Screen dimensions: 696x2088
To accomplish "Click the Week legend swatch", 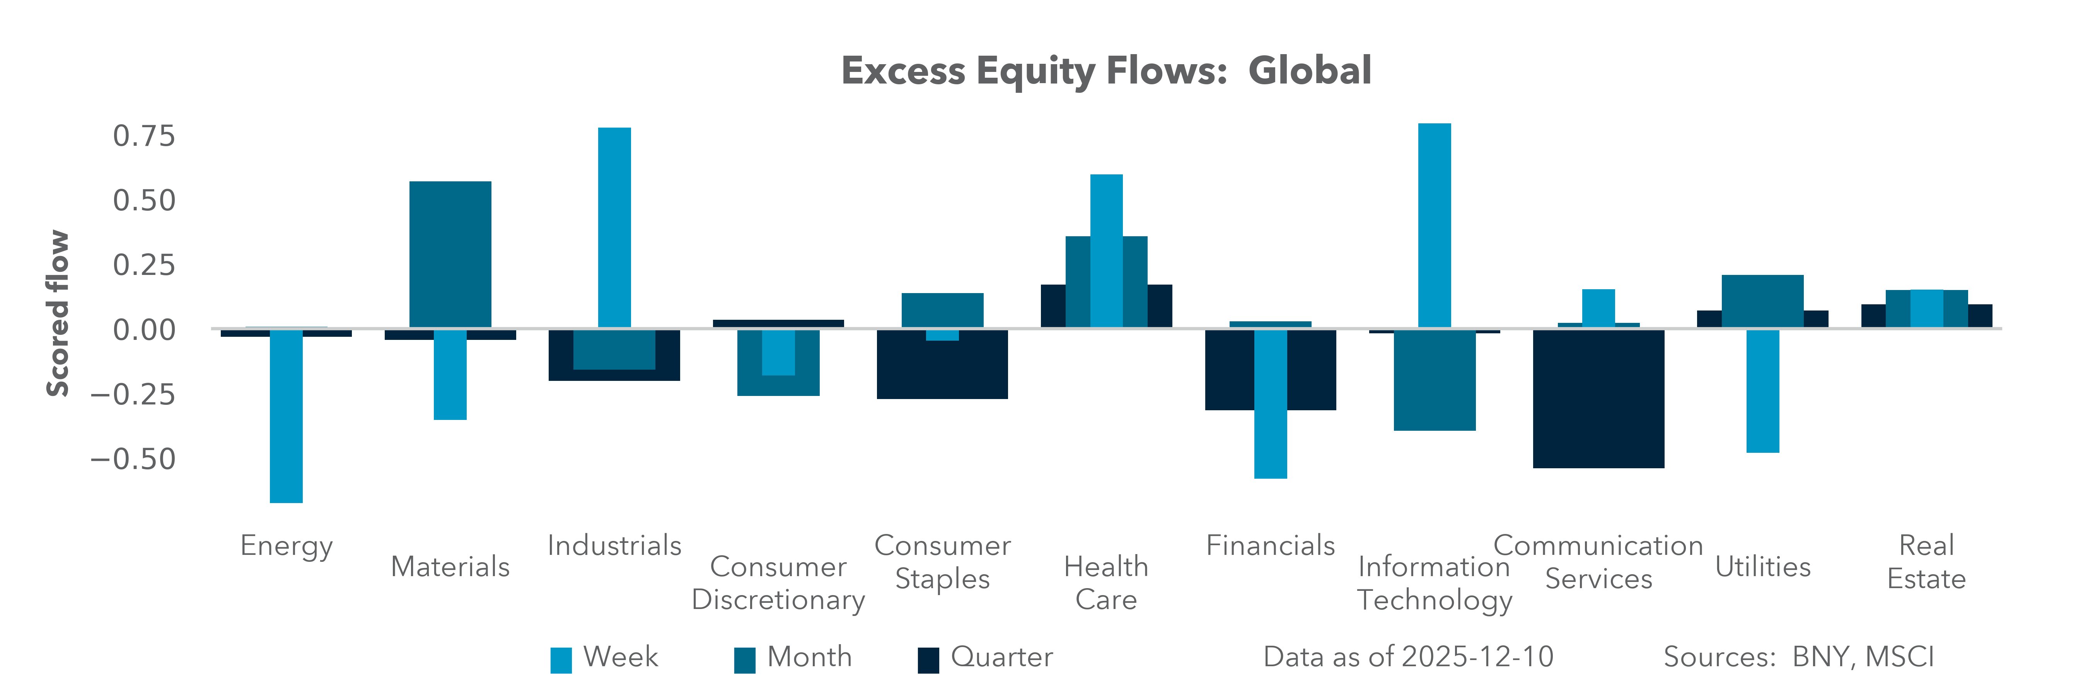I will click(x=561, y=660).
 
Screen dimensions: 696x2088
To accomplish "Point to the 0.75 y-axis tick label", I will click(x=143, y=136).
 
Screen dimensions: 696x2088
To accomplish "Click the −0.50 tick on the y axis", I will click(x=133, y=459).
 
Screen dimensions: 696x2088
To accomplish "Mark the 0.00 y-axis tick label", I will click(x=143, y=330).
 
